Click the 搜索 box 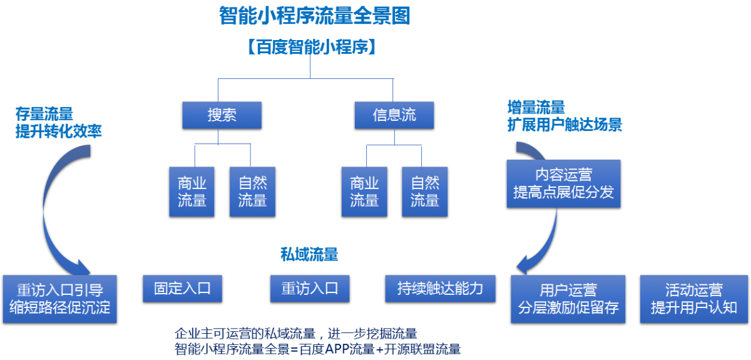[222, 115]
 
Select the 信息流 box [394, 115]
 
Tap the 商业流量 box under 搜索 [192, 192]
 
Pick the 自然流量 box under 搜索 [252, 192]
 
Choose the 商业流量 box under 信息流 [364, 192]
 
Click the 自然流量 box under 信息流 [425, 192]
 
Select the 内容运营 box [564, 183]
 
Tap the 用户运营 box [568, 299]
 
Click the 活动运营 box [694, 299]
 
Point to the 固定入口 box [182, 289]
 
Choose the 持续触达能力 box [440, 289]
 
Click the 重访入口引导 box [60, 299]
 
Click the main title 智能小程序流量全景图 [315, 16]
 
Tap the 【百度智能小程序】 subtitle [312, 46]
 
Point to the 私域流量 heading [309, 254]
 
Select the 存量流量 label [44, 114]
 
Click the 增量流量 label [536, 107]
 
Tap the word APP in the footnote [337, 349]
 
